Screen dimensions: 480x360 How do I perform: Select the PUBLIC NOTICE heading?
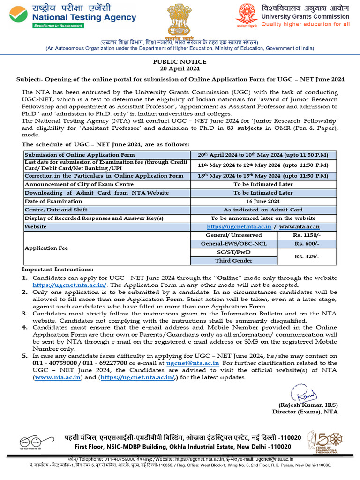coord(180,62)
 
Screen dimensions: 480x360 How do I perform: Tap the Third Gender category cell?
coord(233,261)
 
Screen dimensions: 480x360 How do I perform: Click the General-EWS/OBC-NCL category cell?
coord(233,244)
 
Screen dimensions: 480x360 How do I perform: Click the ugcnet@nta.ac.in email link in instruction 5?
coord(193,363)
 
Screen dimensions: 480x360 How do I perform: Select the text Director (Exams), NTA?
coord(305,412)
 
